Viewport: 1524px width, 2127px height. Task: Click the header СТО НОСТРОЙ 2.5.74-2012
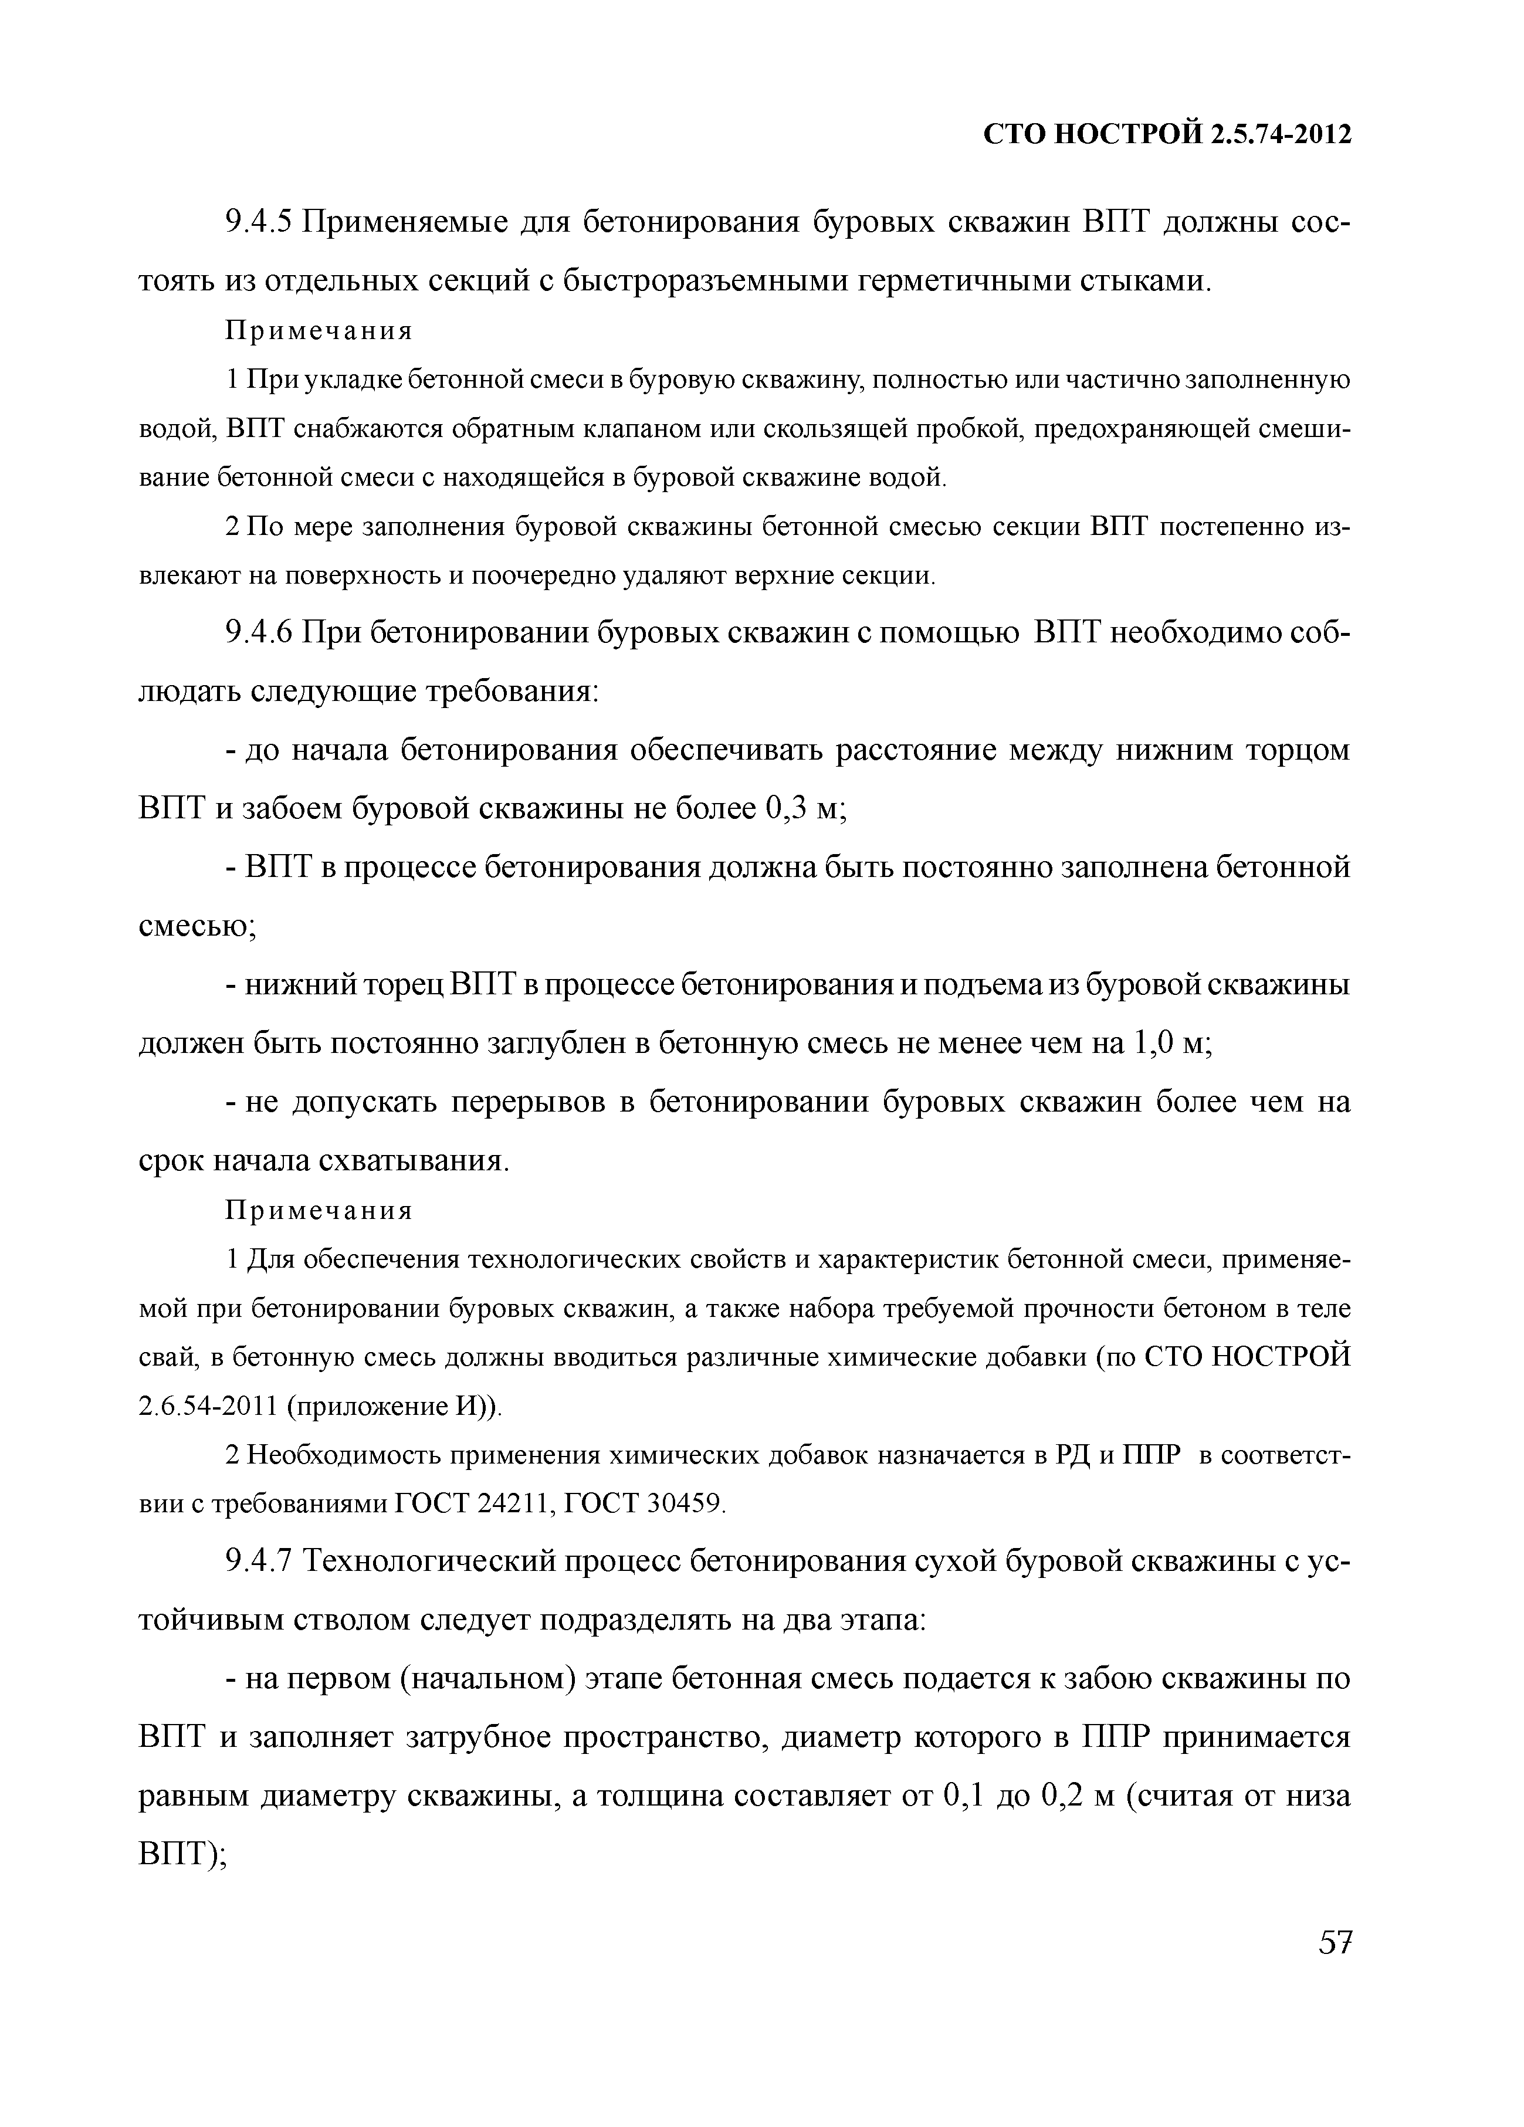click(x=1167, y=136)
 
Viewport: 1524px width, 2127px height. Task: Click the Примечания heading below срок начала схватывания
click(x=319, y=1211)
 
